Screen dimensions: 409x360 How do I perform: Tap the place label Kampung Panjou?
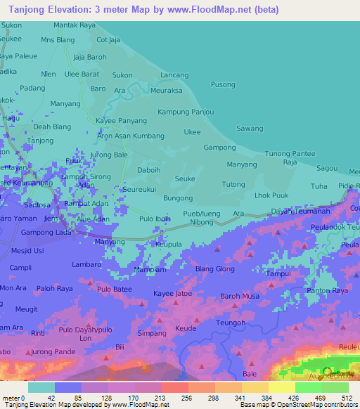coord(186,112)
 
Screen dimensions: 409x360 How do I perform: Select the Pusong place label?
coord(223,85)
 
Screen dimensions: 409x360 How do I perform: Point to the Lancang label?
coord(174,74)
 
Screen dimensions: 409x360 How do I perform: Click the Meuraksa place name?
coord(166,91)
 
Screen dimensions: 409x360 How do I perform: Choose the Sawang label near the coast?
coord(250,129)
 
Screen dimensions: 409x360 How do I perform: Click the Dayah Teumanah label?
coord(300,212)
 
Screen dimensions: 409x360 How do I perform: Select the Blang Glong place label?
coord(215,269)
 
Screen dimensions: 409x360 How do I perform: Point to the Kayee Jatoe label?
coord(172,293)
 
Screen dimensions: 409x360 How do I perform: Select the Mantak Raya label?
coord(75,25)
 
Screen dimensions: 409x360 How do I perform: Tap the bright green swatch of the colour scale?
coord(308,387)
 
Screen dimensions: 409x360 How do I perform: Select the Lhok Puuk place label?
coord(272,195)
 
